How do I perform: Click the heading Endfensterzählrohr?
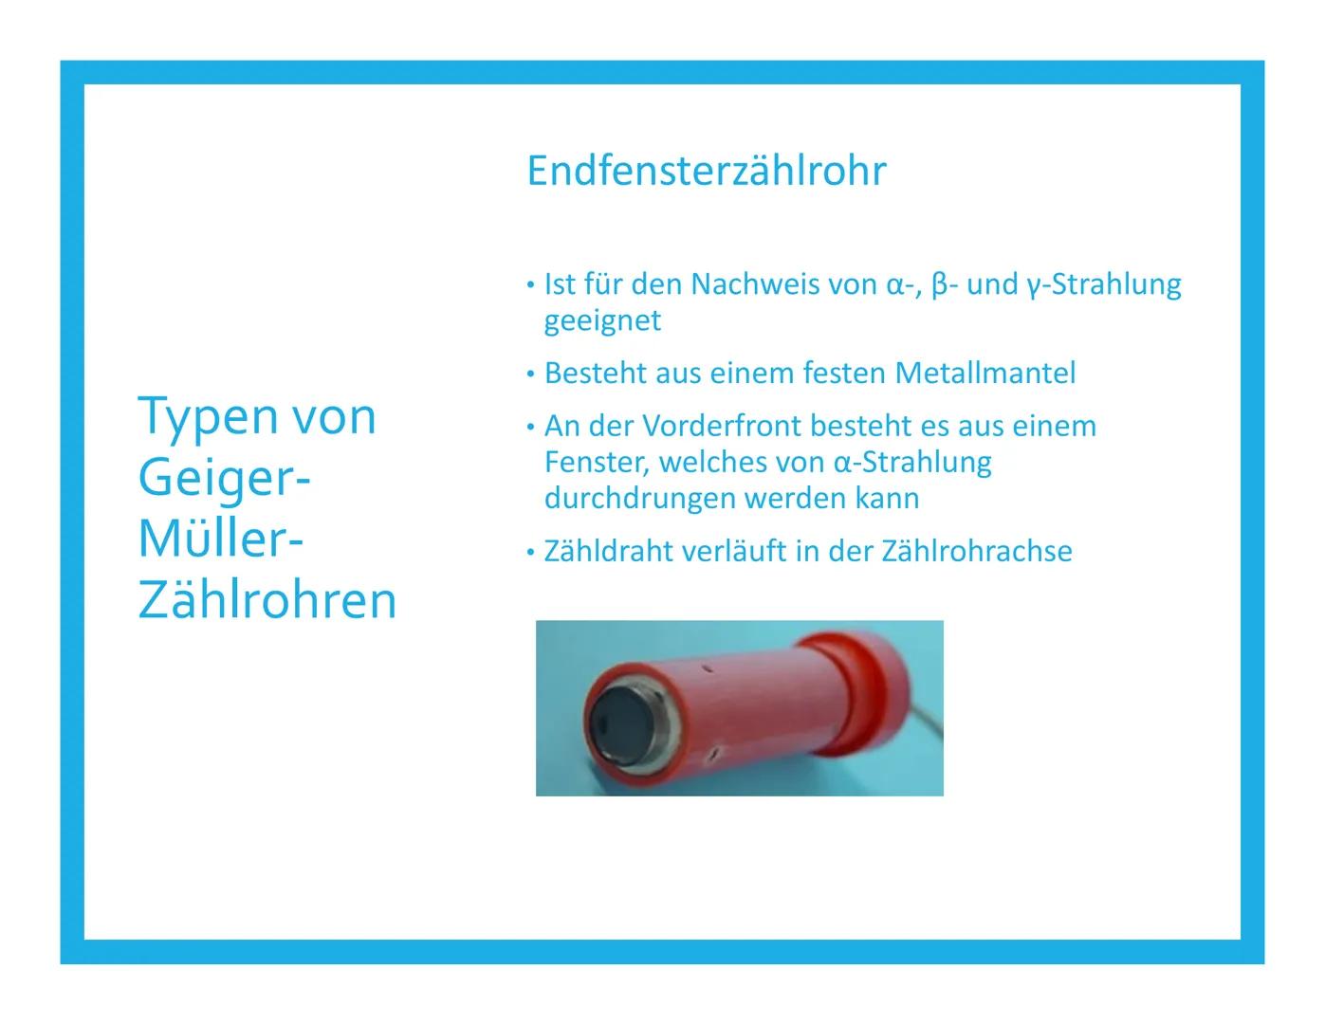click(706, 172)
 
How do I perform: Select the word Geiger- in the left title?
click(224, 478)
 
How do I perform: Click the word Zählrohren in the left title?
click(267, 600)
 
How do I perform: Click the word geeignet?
click(602, 320)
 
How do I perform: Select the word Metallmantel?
click(985, 374)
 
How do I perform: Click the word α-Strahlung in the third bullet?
click(912, 463)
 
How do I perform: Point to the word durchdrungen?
click(639, 499)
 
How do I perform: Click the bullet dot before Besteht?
click(530, 375)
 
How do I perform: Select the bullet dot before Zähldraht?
click(530, 553)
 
